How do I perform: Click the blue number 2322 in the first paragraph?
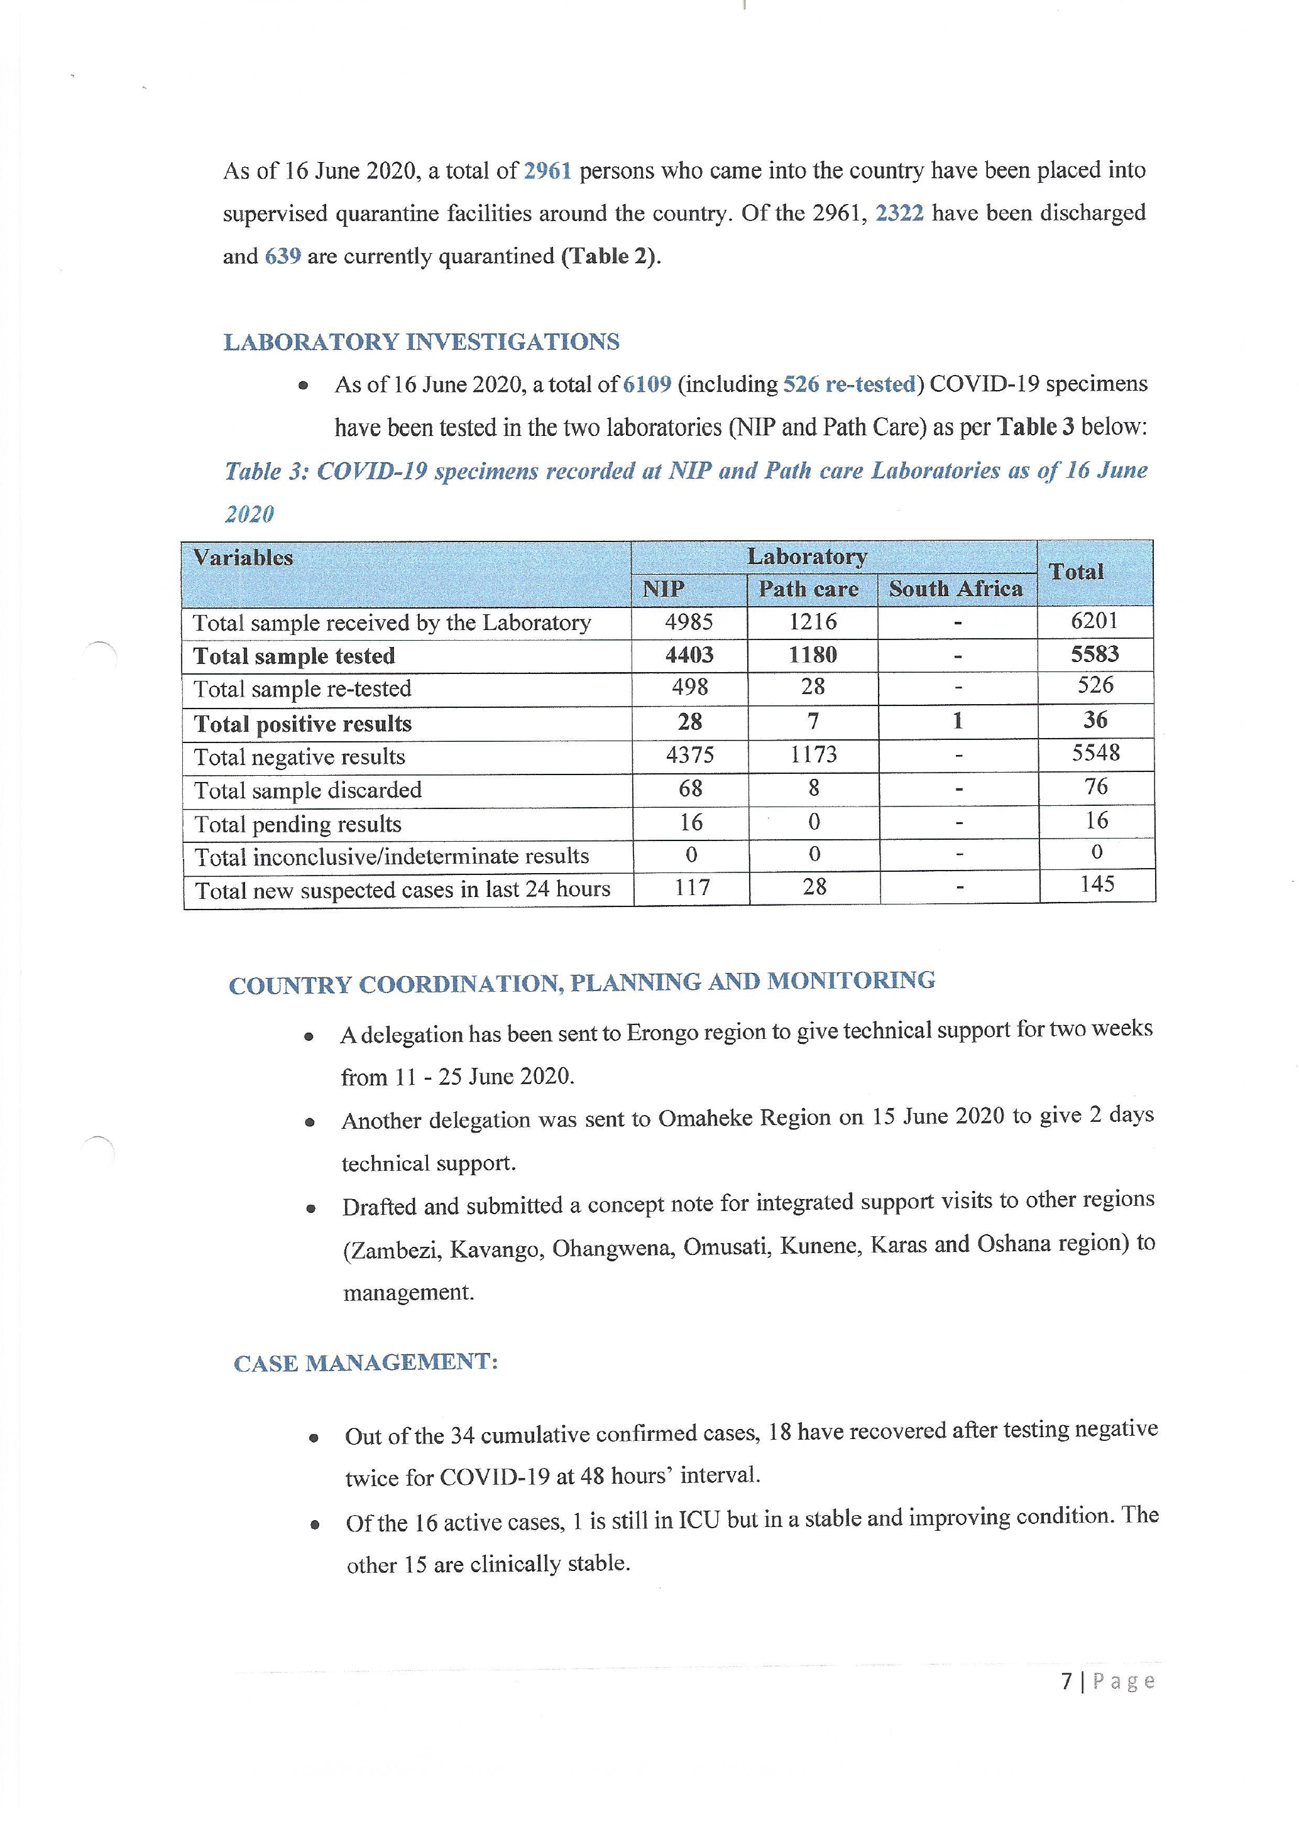900,213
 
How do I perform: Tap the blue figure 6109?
646,384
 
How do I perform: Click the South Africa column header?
956,589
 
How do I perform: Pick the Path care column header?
808,589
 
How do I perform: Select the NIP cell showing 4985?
689,622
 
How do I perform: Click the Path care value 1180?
813,655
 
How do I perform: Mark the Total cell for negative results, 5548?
1096,753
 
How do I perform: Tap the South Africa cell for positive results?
958,721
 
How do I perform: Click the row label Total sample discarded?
308,790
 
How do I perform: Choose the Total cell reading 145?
1097,884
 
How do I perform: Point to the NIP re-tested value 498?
689,688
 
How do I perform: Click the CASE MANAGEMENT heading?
366,1364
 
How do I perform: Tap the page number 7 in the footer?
1066,1681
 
